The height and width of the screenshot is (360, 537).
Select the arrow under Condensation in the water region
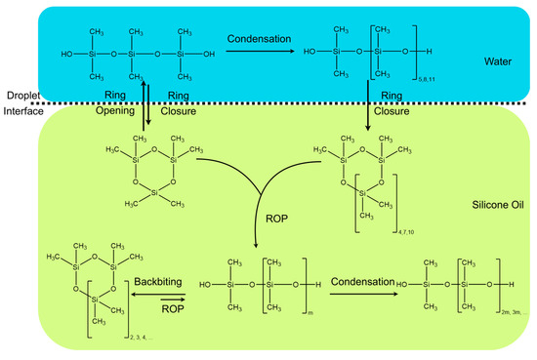click(258, 50)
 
